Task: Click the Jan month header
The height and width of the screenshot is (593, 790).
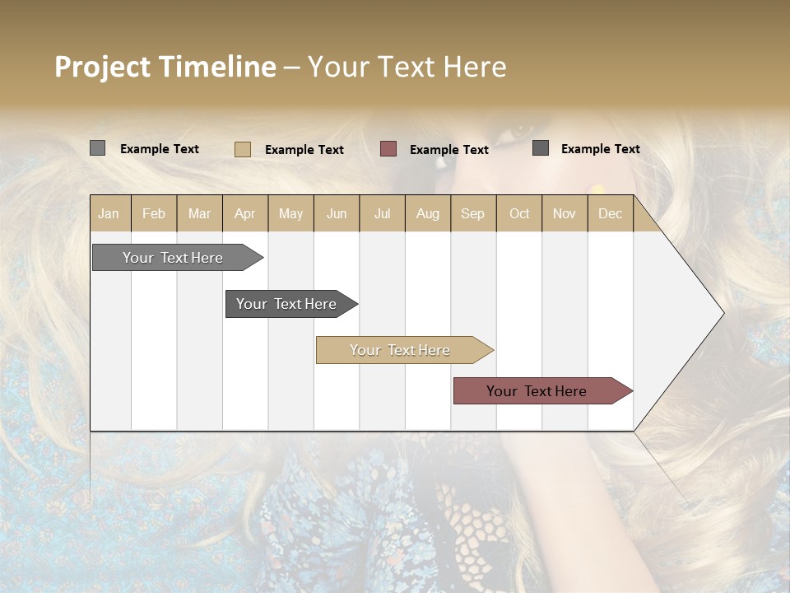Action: coord(109,214)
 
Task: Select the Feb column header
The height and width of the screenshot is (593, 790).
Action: coord(154,214)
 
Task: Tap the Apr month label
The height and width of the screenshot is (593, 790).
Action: coord(244,214)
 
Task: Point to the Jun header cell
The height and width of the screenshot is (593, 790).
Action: coord(337,214)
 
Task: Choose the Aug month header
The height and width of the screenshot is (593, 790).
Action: coord(427,214)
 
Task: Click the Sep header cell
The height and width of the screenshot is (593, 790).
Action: coord(472,214)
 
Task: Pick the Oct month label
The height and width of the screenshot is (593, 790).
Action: coord(519,214)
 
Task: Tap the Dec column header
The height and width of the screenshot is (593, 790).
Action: coord(610,214)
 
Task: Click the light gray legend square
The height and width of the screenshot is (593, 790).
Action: coord(98,148)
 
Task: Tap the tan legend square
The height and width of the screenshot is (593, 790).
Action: coord(242,149)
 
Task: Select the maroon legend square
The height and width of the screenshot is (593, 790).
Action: coord(388,149)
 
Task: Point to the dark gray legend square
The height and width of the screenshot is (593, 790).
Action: coord(541,148)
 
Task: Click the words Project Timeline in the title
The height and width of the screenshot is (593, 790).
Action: coord(165,67)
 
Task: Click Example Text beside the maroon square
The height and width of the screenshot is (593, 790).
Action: coord(449,150)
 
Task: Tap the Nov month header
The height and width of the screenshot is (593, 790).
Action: coord(565,214)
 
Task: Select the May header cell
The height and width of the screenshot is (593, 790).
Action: coord(290,214)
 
